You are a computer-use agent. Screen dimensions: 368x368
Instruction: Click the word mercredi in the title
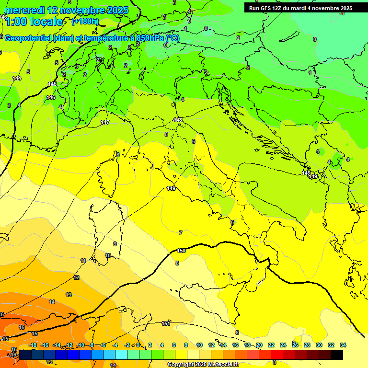point(22,10)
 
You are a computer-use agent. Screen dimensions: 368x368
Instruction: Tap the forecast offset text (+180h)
point(85,21)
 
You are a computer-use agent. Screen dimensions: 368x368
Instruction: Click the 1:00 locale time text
point(34,22)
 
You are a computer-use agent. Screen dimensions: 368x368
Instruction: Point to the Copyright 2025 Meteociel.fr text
point(203,364)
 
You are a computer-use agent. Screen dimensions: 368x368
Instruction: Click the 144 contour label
point(17,78)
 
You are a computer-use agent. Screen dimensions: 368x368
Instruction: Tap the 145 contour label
point(52,84)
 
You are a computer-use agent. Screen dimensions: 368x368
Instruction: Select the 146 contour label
point(50,97)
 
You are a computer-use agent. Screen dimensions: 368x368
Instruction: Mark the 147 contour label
point(105,123)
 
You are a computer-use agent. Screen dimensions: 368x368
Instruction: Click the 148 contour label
point(178,120)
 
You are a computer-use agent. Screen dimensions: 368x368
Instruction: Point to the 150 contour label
point(181,251)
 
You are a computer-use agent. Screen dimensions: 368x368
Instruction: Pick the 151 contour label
point(166,323)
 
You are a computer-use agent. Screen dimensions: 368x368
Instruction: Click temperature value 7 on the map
point(181,233)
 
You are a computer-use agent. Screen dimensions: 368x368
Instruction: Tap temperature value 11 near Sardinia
point(83,261)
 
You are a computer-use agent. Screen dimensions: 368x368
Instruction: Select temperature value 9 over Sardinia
point(115,244)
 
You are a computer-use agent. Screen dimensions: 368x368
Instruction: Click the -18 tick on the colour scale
point(33,345)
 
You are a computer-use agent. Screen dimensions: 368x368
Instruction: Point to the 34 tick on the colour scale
point(343,345)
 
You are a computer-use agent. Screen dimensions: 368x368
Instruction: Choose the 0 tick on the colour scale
point(138,345)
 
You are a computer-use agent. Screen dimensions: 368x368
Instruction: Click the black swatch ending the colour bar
point(336,355)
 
